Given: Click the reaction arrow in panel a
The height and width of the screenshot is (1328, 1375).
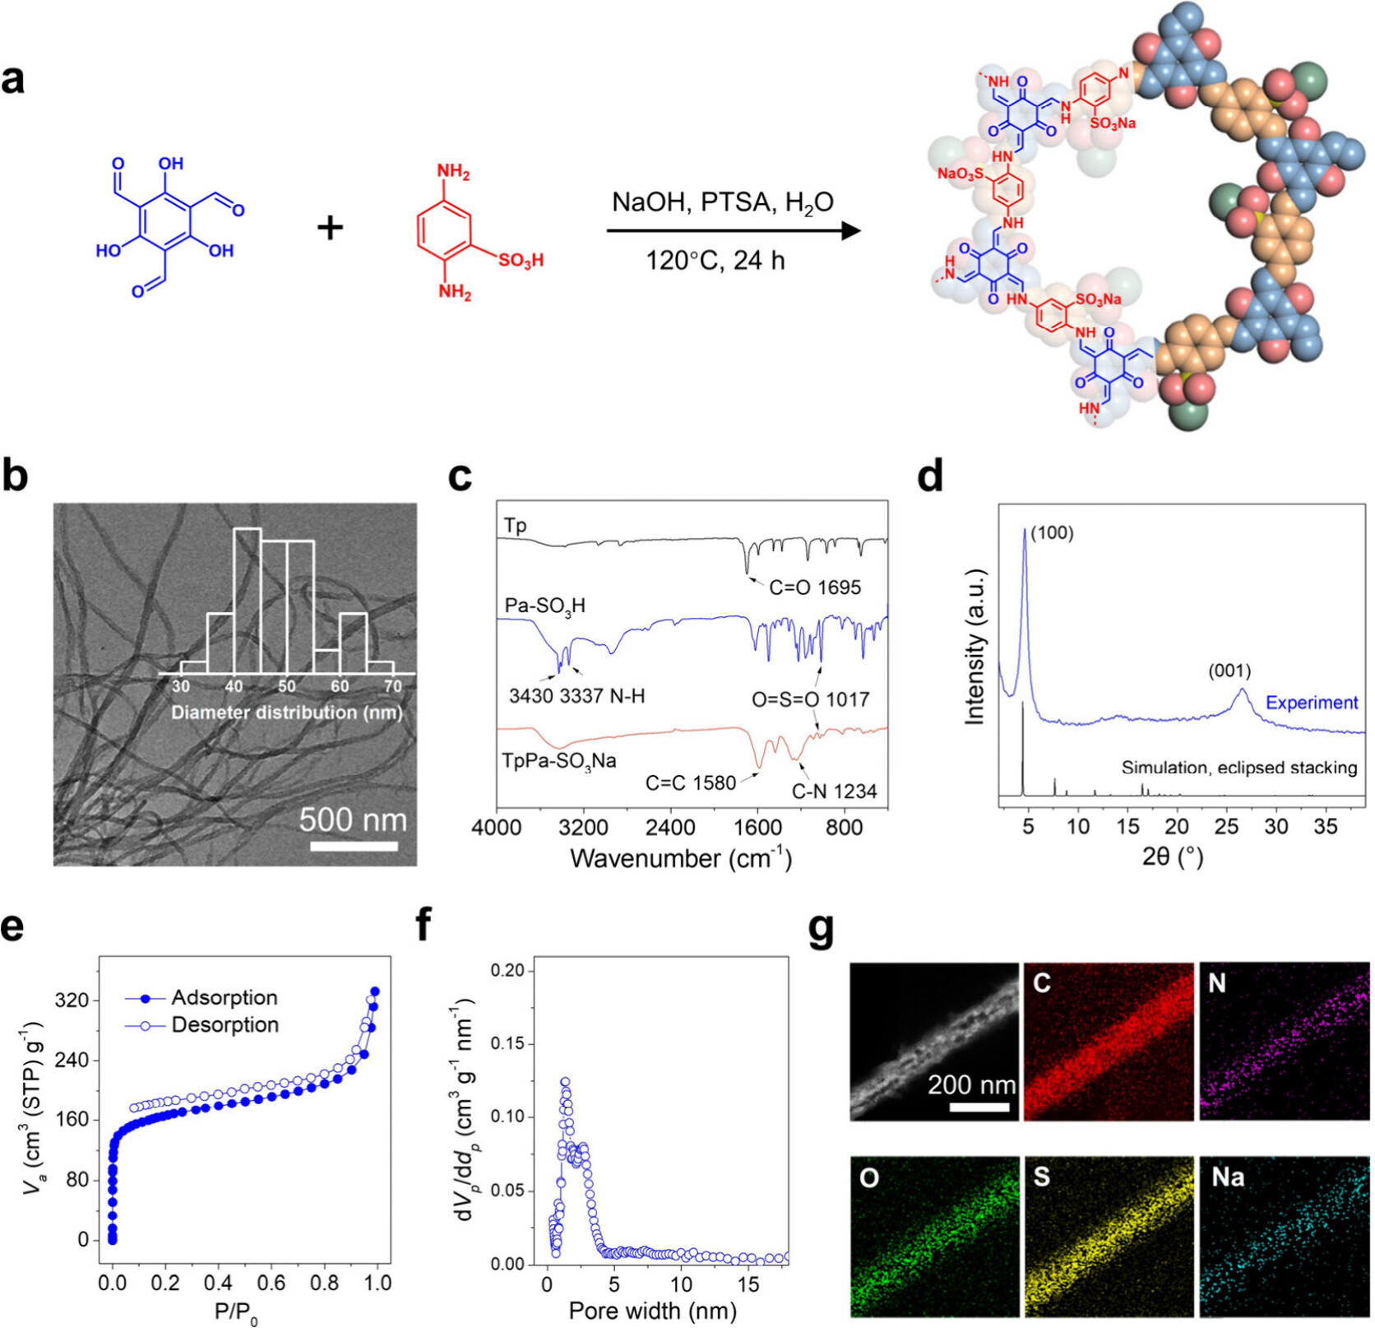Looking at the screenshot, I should [x=732, y=230].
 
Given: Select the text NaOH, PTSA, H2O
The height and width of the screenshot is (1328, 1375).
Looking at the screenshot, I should [x=722, y=202].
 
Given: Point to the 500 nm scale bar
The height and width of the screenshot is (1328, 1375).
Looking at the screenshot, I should [x=354, y=846].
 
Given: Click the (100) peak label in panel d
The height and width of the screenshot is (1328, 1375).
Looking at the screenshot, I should [x=1053, y=533].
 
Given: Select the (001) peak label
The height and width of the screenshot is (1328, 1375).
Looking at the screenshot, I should [x=1229, y=671].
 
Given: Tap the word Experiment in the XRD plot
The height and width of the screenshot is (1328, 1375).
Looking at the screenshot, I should [x=1312, y=703].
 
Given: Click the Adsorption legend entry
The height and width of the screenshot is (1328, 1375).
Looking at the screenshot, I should [x=225, y=997].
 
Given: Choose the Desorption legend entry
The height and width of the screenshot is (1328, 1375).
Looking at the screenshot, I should [x=225, y=1024].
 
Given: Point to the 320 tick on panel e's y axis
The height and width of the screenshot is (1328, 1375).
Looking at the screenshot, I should [x=72, y=1001].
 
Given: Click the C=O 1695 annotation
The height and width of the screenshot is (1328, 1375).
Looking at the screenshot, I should [x=815, y=587].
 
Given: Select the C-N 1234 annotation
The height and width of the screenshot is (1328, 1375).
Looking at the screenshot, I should [x=834, y=792].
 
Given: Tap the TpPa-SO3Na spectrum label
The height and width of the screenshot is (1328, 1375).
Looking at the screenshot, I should [x=559, y=761].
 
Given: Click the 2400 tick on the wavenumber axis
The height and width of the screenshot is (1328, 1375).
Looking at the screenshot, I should [x=670, y=827].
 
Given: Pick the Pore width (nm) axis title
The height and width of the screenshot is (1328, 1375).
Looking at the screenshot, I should [x=652, y=1311].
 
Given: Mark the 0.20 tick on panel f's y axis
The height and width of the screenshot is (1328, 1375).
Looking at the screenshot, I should [x=508, y=971].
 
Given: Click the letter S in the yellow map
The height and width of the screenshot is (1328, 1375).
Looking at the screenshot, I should [x=1042, y=1177].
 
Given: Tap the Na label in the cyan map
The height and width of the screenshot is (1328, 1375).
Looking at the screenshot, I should [x=1228, y=1177].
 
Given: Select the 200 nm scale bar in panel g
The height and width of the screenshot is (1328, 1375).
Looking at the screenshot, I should [x=979, y=1107].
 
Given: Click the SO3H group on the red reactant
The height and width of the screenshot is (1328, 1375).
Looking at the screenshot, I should [x=521, y=261].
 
